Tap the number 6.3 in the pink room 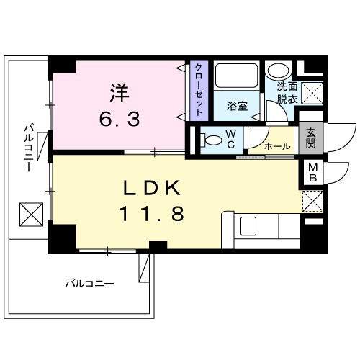click(x=120, y=117)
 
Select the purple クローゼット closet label click(x=198, y=91)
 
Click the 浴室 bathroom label click(x=237, y=106)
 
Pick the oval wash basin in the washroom click(x=276, y=72)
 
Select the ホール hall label click(x=277, y=146)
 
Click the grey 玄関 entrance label click(x=311, y=138)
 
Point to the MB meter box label click(x=312, y=174)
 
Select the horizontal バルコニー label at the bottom click(x=89, y=283)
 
